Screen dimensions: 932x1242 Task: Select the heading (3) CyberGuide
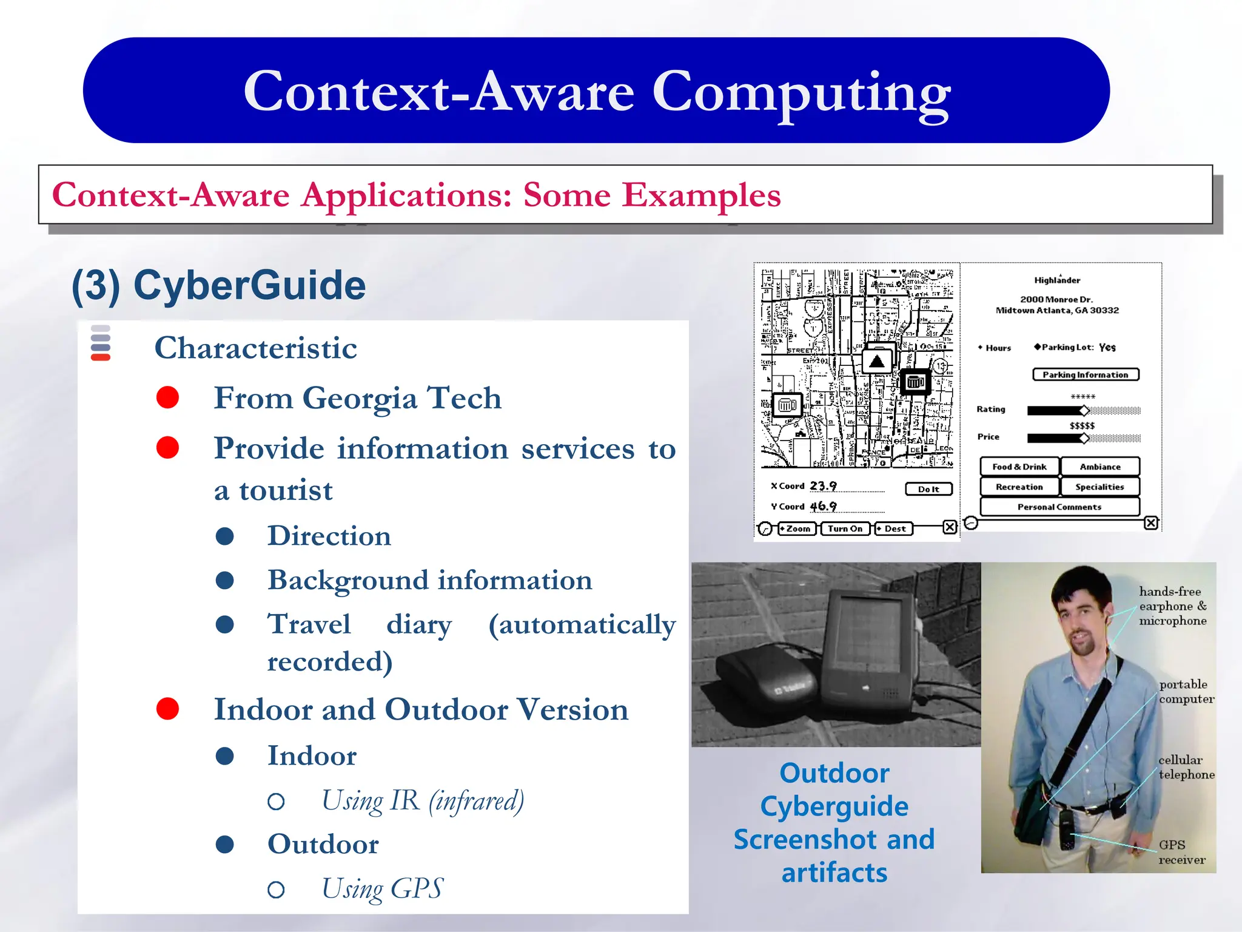(x=218, y=285)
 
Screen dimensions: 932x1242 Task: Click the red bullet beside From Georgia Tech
(x=167, y=397)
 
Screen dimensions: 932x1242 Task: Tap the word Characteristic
(x=255, y=348)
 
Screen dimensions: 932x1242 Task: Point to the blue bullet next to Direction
(x=225, y=536)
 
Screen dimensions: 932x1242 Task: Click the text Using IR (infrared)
(x=422, y=801)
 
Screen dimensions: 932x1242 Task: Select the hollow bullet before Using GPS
(x=276, y=890)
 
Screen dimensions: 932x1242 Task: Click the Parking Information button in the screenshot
(x=1085, y=374)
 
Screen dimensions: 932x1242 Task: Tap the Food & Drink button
(x=1019, y=467)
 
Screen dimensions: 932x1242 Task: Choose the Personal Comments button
(x=1059, y=507)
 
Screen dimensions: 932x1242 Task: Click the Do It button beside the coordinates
(x=928, y=489)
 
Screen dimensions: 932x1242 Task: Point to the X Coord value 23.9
(x=823, y=486)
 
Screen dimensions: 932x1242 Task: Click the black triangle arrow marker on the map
(x=876, y=362)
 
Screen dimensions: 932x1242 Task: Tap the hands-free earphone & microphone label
(x=1172, y=606)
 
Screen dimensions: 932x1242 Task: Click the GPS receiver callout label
(x=1181, y=852)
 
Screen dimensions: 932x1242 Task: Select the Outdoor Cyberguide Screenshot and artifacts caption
(x=834, y=822)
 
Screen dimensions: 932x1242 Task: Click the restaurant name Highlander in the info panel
(x=1057, y=280)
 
